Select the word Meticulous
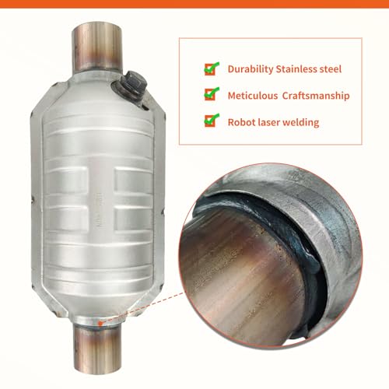coord(253,95)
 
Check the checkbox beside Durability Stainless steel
coord(210,68)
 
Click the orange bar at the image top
coord(194,3)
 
